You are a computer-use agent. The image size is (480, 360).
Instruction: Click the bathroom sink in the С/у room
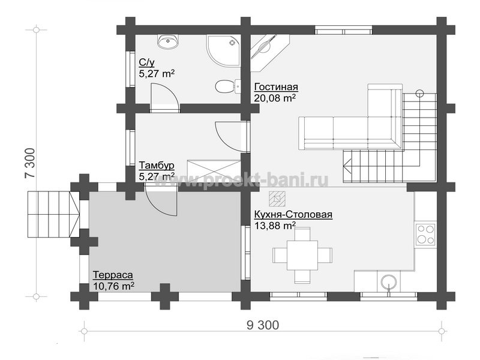(x=168, y=41)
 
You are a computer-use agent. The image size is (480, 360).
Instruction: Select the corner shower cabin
(x=223, y=50)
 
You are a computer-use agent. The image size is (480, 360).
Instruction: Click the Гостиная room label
(x=276, y=87)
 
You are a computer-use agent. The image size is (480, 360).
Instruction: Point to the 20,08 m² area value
(x=275, y=98)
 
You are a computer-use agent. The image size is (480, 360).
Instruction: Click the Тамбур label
(x=157, y=166)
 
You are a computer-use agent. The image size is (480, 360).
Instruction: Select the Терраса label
(x=113, y=275)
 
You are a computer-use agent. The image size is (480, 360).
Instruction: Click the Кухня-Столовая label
(x=293, y=214)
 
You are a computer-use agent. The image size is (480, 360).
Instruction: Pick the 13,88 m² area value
(x=275, y=226)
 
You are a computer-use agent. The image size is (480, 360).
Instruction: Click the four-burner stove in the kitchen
(x=425, y=234)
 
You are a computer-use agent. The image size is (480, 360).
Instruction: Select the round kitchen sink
(x=389, y=281)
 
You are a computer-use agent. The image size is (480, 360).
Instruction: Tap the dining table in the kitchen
(x=302, y=255)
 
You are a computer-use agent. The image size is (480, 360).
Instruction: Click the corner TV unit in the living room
(x=270, y=52)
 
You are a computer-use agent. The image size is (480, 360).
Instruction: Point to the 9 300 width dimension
(x=263, y=325)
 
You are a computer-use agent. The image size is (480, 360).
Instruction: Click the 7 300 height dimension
(x=31, y=163)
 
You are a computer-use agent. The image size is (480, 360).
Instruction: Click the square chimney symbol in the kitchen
(x=277, y=199)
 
